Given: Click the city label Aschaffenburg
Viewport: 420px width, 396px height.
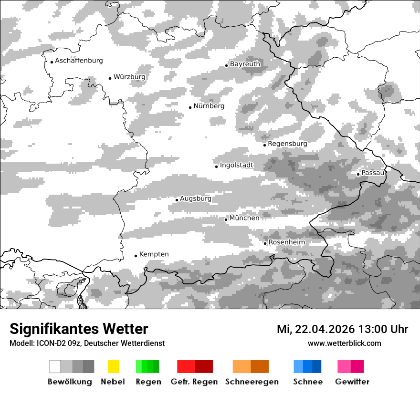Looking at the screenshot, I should [x=79, y=61].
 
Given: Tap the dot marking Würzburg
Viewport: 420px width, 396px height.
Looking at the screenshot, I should [x=110, y=78].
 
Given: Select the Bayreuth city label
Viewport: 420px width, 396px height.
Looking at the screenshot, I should [x=245, y=64].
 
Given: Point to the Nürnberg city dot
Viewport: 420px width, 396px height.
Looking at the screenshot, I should [x=190, y=107].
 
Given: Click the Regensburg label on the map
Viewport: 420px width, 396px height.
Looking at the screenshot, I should [x=287, y=144].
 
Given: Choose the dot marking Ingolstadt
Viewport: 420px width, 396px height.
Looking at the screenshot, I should [x=216, y=167].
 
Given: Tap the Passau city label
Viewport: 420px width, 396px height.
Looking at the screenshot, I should [x=373, y=173].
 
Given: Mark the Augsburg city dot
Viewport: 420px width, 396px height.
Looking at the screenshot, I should [x=177, y=200].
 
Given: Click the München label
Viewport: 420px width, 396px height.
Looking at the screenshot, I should [x=244, y=218].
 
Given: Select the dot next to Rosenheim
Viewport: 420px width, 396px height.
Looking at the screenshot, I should [x=265, y=243].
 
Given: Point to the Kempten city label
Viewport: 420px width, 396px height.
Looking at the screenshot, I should [x=154, y=254].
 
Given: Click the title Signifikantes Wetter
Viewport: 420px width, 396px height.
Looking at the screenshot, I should [x=79, y=329].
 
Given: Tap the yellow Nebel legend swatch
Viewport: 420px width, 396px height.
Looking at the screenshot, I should [x=113, y=366].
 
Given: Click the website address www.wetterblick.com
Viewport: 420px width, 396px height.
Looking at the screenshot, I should [x=344, y=343].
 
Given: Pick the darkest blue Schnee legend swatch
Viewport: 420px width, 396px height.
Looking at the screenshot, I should [x=317, y=366].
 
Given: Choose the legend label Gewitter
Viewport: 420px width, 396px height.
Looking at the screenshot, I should [x=352, y=382].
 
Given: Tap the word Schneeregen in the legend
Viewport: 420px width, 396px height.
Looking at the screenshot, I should [x=252, y=382].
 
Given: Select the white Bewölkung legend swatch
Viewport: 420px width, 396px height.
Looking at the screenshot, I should [x=55, y=366].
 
